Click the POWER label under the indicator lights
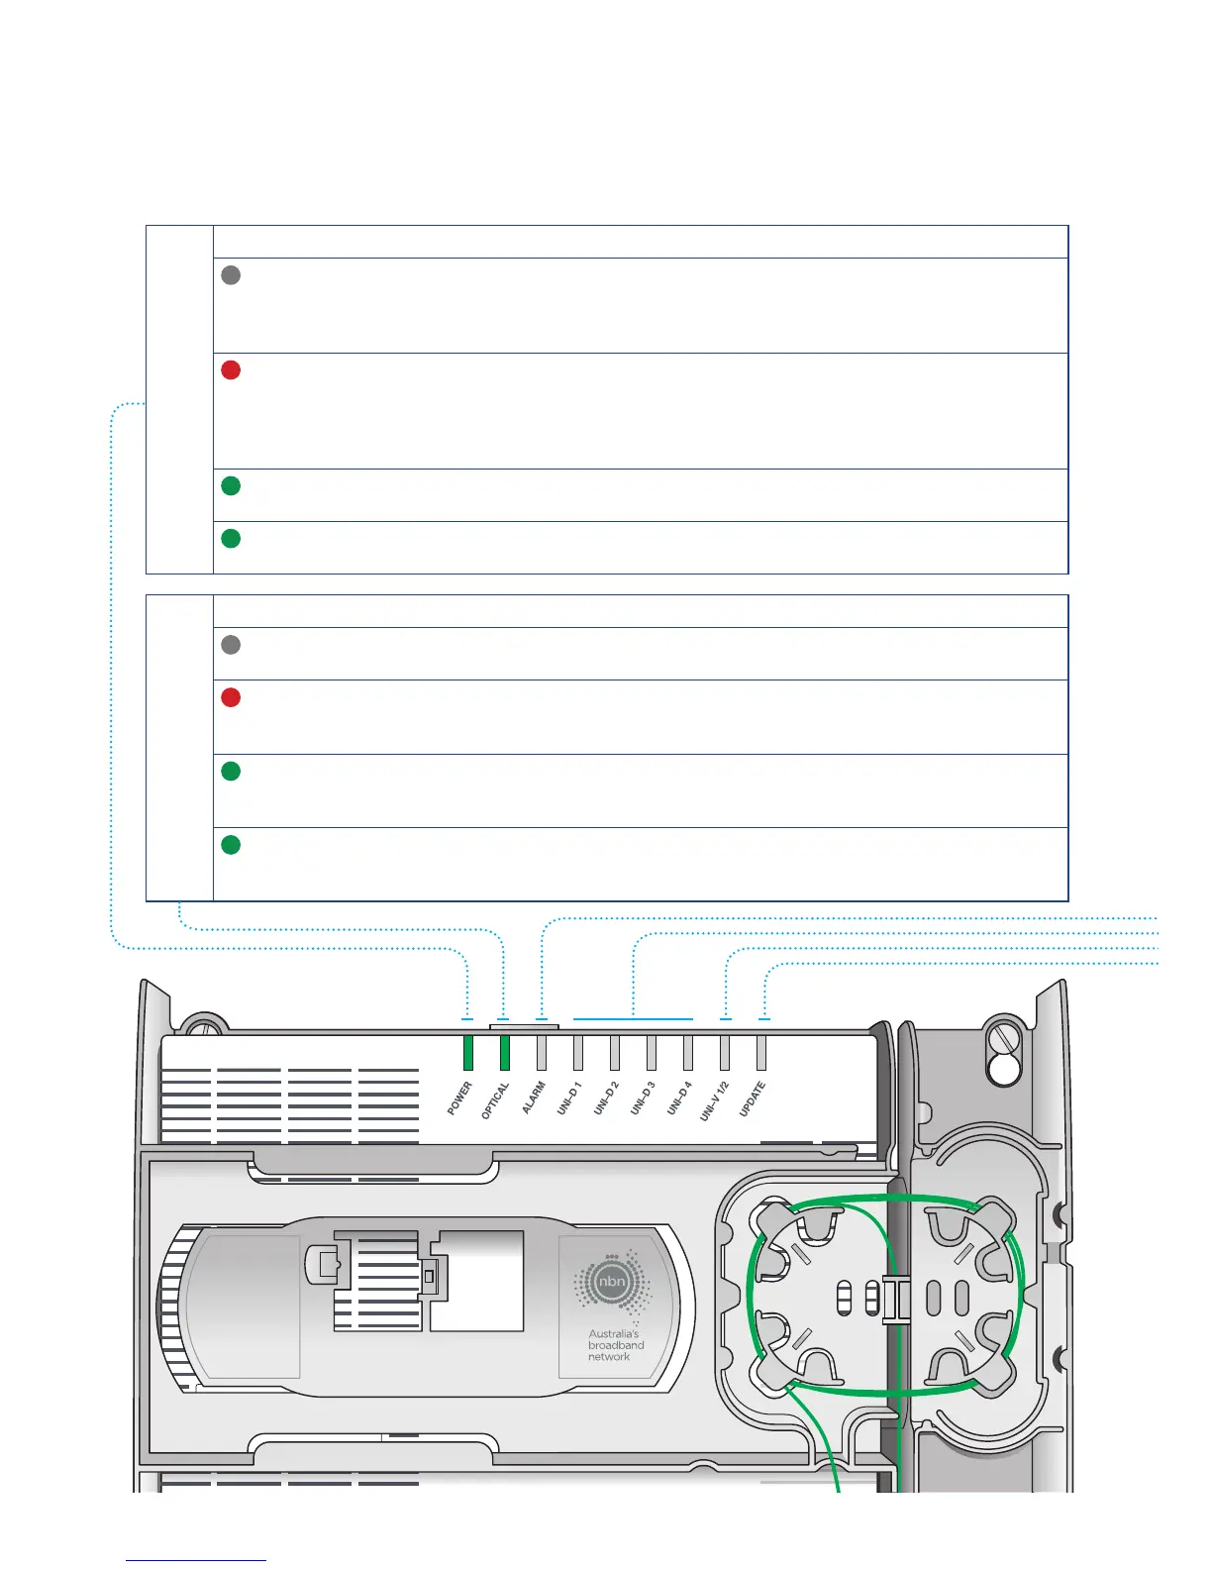459,1098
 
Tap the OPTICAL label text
495,1100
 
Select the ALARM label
534,1098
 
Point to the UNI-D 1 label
569,1098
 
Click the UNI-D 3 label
643,1098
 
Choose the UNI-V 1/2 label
714,1100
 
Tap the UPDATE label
753,1099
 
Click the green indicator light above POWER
468,1053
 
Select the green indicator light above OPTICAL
505,1053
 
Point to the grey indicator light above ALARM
542,1053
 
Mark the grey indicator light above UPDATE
761,1053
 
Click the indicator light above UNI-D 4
688,1053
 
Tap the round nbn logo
612,1283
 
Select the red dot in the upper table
231,370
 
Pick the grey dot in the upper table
231,275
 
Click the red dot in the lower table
231,697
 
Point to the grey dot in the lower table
231,645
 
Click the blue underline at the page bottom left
196,1560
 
